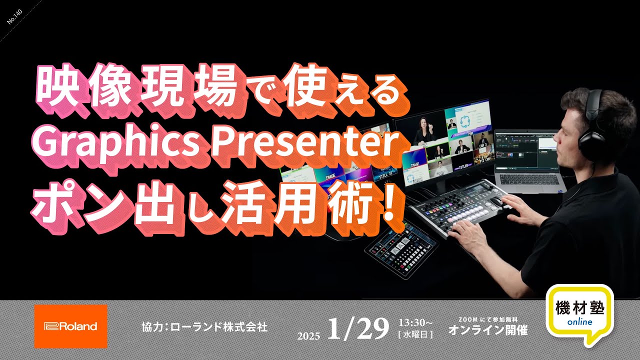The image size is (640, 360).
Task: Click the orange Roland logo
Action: point(70,326)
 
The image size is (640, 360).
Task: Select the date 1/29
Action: point(358,328)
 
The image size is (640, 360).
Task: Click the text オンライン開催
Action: point(487,330)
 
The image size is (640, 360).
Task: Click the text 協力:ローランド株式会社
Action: point(205,327)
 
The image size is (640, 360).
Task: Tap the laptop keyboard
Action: point(530,179)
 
